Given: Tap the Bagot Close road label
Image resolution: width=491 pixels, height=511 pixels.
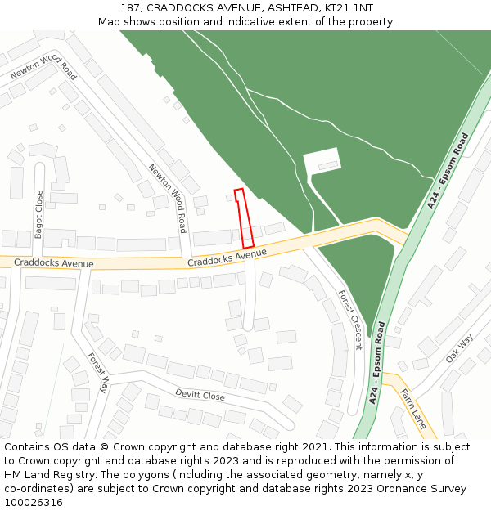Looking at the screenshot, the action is click(x=39, y=214).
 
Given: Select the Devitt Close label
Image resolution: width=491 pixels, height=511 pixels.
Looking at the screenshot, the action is click(x=200, y=394).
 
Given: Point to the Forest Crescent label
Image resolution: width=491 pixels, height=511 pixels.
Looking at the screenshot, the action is click(x=350, y=320).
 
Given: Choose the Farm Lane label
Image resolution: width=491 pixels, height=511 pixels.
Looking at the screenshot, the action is click(x=412, y=410).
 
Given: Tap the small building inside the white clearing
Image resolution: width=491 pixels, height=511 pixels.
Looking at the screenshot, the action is click(x=328, y=166).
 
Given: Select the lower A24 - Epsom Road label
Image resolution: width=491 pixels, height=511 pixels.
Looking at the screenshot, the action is click(x=378, y=362).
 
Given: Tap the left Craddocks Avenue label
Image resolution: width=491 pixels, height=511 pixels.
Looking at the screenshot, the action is click(x=54, y=264).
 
